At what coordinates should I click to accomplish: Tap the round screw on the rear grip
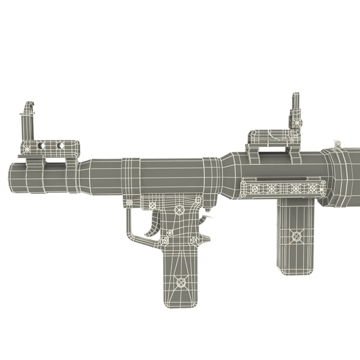coord(296,236)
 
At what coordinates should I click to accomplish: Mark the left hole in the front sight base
coord(41,146)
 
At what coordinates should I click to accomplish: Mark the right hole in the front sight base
coord(61,145)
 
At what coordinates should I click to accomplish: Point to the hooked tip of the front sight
coord(27,105)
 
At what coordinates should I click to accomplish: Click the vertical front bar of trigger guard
coord(128,222)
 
